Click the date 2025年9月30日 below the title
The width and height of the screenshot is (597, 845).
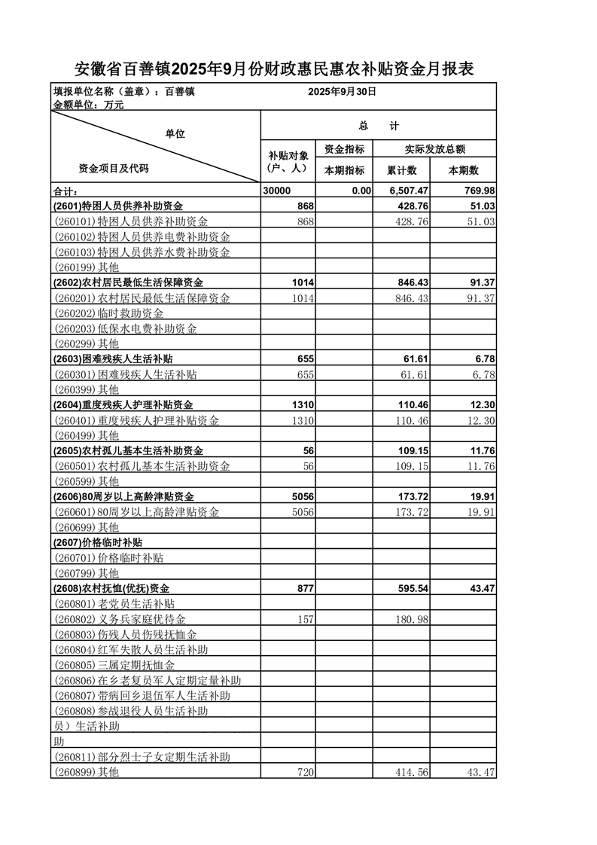coord(342,91)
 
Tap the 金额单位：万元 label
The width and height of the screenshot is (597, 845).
coord(89,105)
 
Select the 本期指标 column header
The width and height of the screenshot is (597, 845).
coord(344,170)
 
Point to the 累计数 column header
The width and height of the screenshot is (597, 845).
coord(402,170)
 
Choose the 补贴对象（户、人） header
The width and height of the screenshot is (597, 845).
coord(288,162)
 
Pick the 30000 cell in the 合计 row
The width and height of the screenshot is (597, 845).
coord(277,191)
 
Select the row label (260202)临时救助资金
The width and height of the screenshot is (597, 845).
coord(109,313)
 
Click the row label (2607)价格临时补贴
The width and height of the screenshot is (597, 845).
coord(99,542)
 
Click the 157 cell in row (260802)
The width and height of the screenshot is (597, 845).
coord(304,619)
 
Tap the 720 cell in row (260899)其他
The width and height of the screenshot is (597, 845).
coord(304,772)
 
